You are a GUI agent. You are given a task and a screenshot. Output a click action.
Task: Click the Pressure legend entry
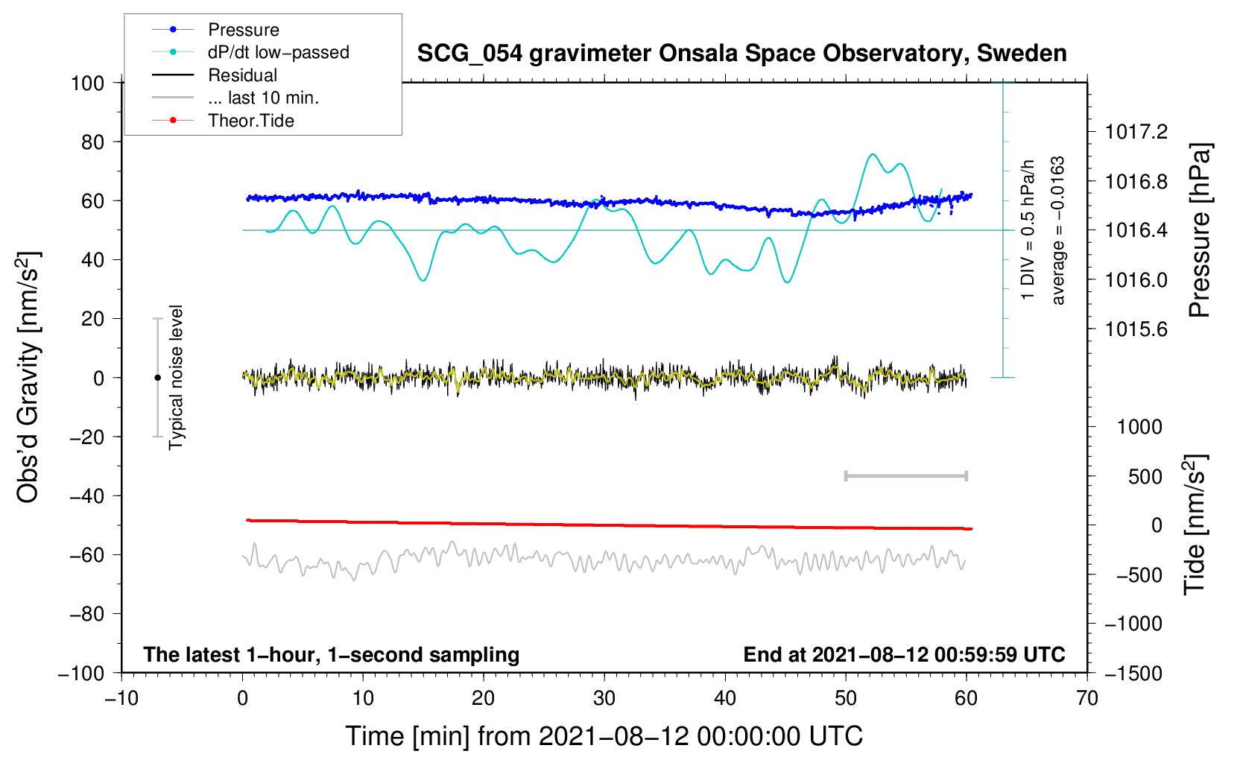click(243, 30)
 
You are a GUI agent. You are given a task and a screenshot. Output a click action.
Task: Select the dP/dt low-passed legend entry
click(278, 52)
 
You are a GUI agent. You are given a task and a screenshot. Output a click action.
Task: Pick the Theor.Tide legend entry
click(250, 121)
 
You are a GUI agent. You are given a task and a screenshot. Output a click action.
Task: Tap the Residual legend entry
click(242, 75)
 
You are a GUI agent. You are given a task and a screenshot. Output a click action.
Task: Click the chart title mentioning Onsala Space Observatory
click(741, 54)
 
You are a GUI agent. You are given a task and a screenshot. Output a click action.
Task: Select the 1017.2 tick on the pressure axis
click(1136, 132)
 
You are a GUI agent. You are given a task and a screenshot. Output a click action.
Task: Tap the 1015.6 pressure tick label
click(1136, 329)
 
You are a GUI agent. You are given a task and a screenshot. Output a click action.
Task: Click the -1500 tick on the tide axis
click(1133, 673)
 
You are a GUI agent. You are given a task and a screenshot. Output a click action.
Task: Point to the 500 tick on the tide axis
click(1145, 476)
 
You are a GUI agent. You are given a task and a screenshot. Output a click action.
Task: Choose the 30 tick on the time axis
click(604, 698)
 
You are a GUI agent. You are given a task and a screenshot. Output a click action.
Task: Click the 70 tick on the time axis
click(1087, 698)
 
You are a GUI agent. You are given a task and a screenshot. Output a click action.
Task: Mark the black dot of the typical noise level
click(157, 378)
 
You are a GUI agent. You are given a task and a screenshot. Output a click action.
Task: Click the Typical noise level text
click(176, 377)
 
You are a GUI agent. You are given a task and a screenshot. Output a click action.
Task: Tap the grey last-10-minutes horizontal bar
click(905, 475)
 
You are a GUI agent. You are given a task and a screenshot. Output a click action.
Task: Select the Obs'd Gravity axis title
click(28, 377)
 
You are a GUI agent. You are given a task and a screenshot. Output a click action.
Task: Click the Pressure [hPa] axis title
click(1200, 231)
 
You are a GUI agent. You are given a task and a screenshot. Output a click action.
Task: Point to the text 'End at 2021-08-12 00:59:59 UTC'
click(904, 654)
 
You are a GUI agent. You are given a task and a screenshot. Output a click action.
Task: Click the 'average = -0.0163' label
click(1058, 230)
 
